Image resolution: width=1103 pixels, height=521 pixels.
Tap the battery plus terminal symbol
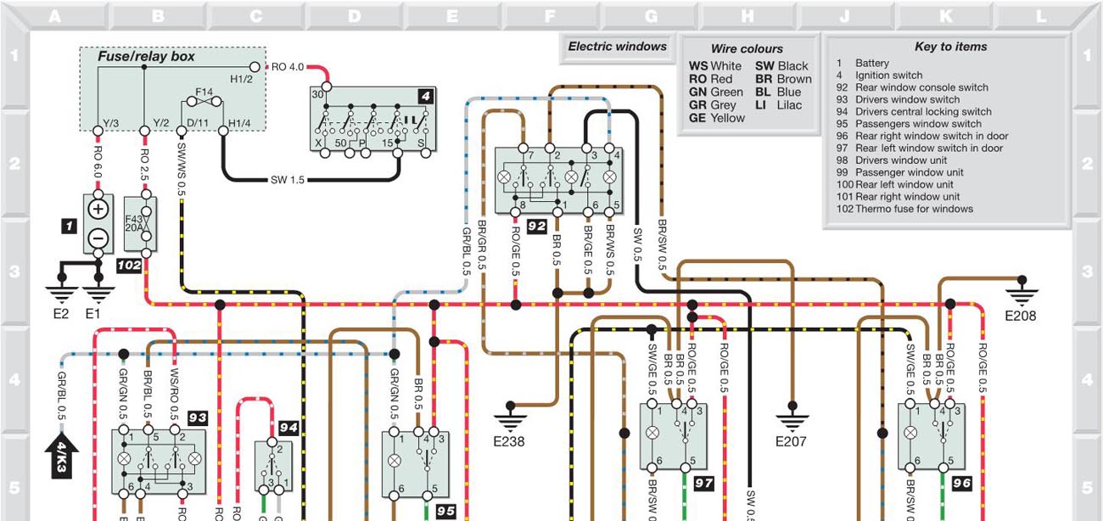pos(98,209)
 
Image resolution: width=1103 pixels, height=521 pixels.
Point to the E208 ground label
pos(1021,316)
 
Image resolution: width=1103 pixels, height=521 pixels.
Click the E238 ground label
pos(509,441)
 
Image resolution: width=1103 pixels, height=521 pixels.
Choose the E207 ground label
pos(791,441)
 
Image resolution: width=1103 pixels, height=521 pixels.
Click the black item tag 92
pos(536,226)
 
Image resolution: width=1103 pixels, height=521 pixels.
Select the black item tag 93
pos(198,417)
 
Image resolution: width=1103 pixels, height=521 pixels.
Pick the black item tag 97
pos(703,484)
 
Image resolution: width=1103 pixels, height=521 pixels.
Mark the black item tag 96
pos(961,484)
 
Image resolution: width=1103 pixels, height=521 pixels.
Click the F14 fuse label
pos(204,91)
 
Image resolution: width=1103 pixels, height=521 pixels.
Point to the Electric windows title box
pos(617,48)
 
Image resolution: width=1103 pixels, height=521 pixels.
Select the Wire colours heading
pos(747,49)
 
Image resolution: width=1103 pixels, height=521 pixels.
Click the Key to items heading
pos(950,48)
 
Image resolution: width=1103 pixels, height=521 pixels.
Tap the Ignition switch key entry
pos(888,76)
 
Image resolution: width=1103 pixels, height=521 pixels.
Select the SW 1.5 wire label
pos(288,180)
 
